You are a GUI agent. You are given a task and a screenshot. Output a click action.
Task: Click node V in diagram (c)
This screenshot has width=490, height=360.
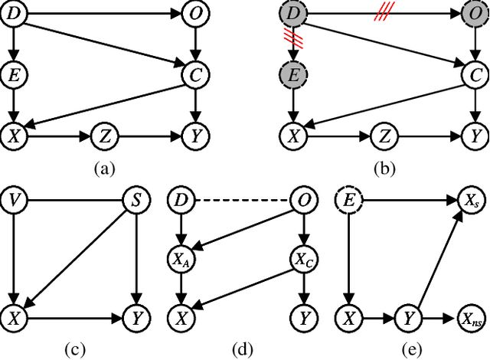coord(14,202)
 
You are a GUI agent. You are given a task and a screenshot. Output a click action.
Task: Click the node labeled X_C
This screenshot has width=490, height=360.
coord(304,260)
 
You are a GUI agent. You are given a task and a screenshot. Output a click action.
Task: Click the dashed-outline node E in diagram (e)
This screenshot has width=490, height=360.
coord(348,202)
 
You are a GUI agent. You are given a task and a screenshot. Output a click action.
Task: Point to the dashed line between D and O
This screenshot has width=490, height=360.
coord(242,202)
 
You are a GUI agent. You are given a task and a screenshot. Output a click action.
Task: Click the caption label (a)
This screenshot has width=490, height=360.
coord(103,170)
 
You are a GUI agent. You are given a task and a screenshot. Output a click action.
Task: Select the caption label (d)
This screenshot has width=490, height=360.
coord(243,349)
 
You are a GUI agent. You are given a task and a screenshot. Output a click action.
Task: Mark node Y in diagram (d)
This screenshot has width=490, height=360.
coord(304,316)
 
